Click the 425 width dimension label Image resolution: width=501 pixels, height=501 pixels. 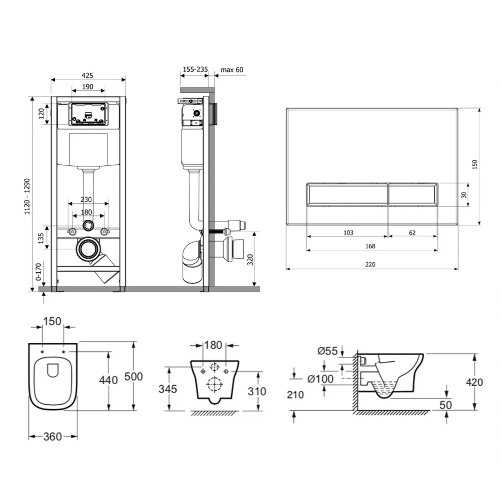point(87,75)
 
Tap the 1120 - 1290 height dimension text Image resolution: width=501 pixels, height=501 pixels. point(27,196)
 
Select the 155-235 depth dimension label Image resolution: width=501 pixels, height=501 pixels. point(195,69)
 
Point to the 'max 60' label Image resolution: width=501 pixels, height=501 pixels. point(232,70)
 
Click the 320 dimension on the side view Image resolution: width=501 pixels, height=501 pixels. point(250,259)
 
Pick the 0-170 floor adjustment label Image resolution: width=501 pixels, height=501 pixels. point(38,272)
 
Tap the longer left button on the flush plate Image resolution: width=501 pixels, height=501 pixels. point(347,194)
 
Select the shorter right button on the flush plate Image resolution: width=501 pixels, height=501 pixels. point(413,194)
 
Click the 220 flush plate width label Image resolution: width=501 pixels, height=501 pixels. point(370,264)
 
